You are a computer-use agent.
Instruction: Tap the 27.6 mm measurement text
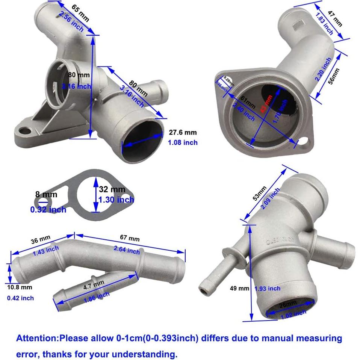(x=183, y=133)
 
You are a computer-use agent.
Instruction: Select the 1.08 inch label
(x=183, y=142)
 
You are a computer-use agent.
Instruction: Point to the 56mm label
(x=334, y=76)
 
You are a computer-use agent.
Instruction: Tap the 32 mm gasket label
(x=112, y=190)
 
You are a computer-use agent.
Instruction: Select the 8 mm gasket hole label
(x=46, y=194)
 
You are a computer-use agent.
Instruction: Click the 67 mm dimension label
(x=129, y=238)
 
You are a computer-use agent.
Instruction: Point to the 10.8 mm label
(x=20, y=287)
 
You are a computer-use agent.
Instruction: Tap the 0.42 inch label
(x=20, y=298)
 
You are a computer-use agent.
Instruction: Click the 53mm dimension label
(x=260, y=194)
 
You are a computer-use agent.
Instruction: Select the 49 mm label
(x=240, y=289)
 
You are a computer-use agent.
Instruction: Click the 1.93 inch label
(x=268, y=289)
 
